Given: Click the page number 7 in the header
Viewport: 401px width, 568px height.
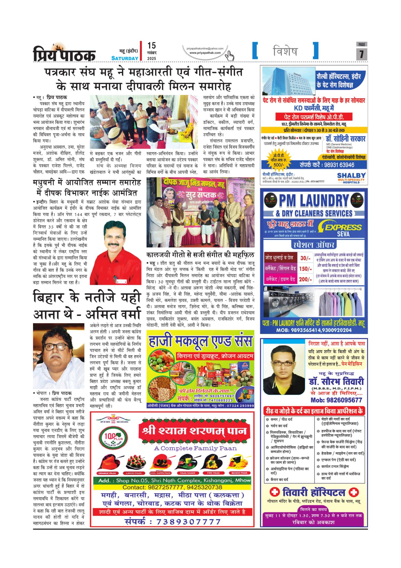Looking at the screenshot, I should pos(361,54).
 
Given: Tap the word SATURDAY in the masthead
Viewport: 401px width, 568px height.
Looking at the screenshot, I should pos(125,58).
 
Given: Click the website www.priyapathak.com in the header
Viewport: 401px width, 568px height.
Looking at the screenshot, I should pos(205,53).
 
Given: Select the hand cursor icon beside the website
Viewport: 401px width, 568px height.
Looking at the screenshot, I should pos(229,55).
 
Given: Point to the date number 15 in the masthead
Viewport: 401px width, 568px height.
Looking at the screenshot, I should pos(152,46).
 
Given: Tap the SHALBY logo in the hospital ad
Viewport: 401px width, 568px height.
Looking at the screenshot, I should pos(351,177).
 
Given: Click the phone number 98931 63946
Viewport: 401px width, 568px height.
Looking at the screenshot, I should pos(339,165).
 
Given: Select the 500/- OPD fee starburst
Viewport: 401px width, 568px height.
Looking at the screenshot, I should pos(279,160).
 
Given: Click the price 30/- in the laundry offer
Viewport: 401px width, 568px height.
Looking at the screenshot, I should pos(305,258).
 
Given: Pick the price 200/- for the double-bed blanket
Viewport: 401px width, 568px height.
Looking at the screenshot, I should pos(305,279).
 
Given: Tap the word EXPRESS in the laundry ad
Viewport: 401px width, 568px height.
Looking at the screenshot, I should pos(343,227).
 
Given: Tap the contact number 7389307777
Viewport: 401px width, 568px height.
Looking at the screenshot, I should pos(188,522).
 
